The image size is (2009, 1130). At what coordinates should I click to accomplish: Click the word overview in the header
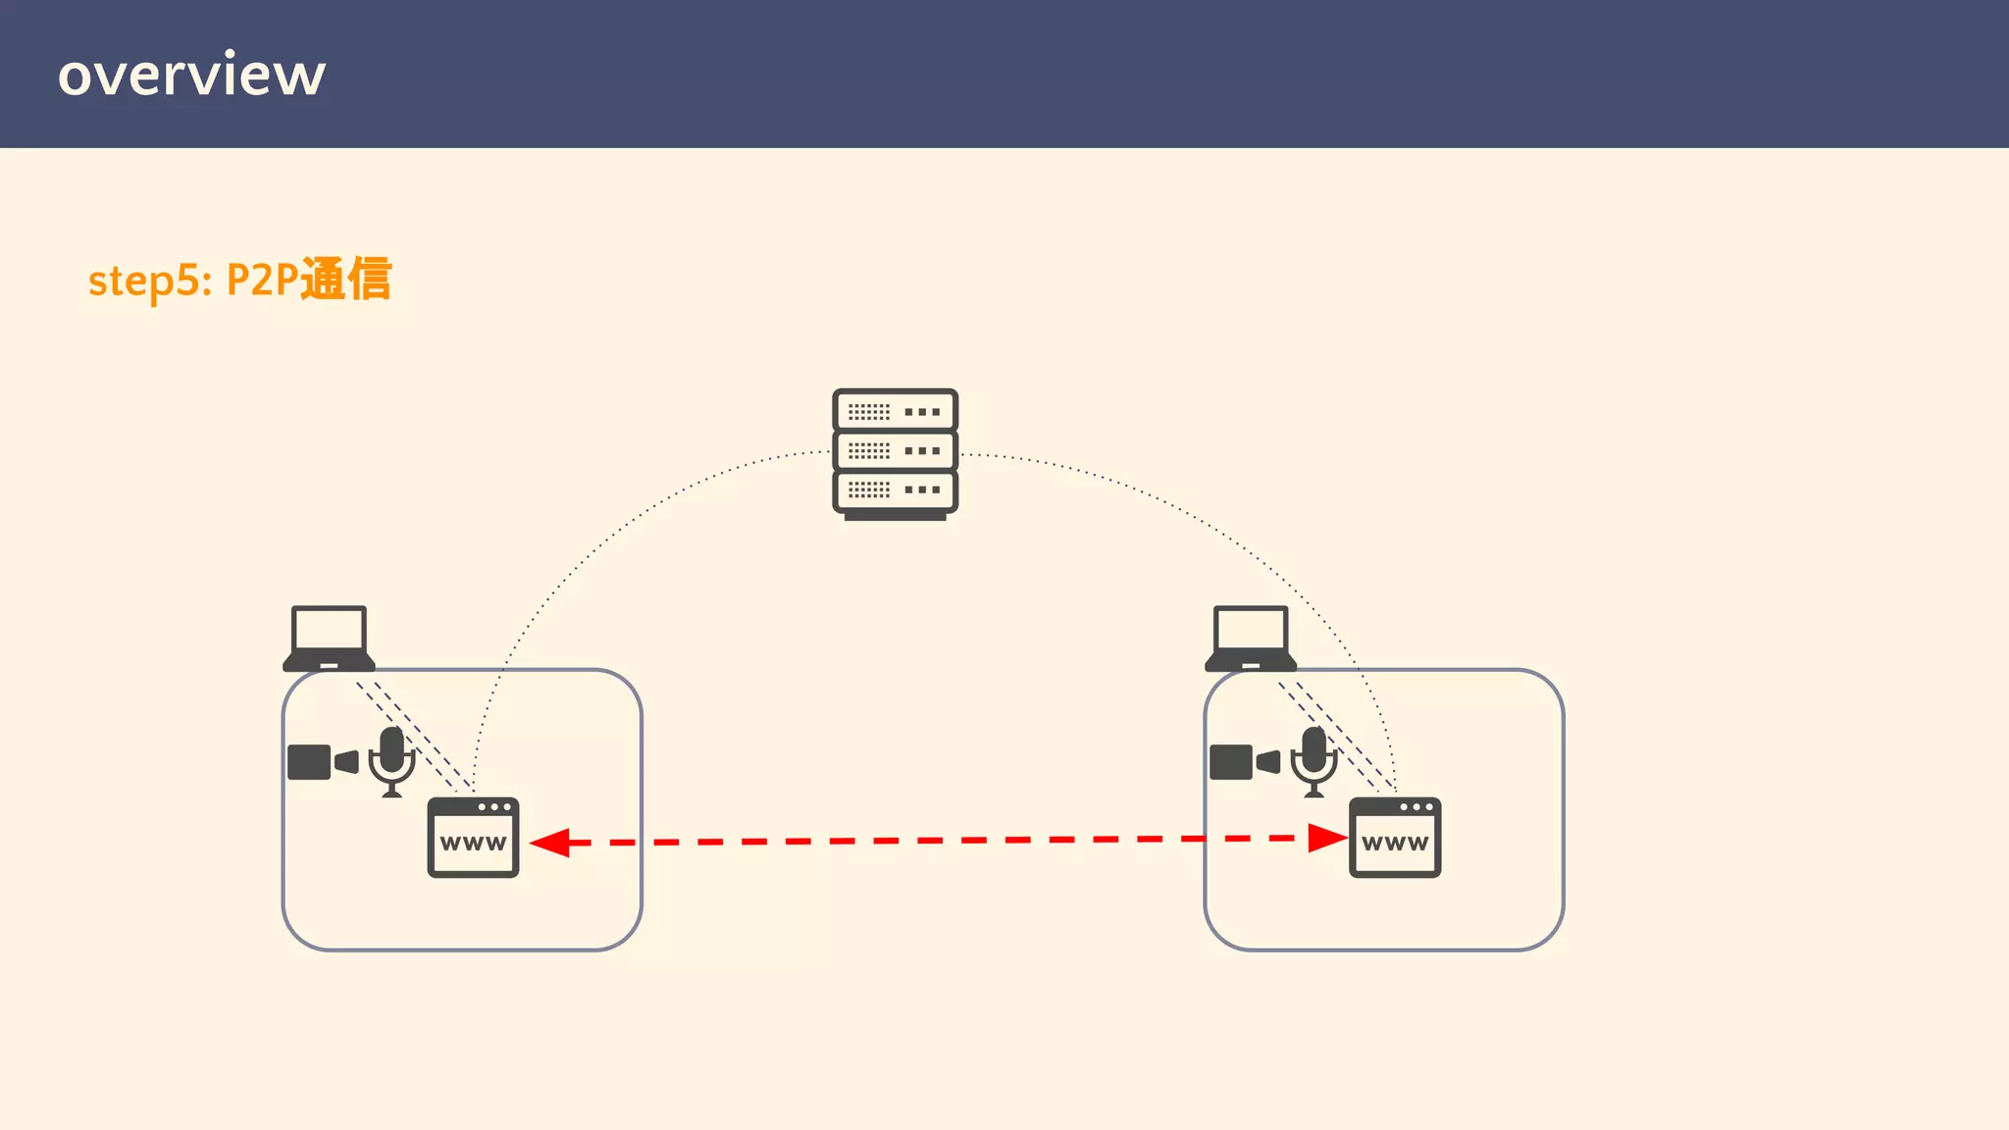191,75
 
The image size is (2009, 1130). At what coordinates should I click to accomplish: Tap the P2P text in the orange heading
262,281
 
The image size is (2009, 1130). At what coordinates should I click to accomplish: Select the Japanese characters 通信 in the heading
345,279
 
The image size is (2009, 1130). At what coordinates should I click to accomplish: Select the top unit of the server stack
895,411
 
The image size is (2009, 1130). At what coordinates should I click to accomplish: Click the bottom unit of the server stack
895,489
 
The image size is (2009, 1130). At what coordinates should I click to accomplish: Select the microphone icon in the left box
392,761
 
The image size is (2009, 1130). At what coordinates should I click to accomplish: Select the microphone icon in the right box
1314,761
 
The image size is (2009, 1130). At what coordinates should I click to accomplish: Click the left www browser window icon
473,838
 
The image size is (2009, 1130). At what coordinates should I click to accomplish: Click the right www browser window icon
1395,838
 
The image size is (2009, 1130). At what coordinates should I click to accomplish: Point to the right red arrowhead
1327,838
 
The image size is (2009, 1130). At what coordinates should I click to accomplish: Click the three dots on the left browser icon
494,807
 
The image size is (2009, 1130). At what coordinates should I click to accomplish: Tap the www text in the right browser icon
1395,844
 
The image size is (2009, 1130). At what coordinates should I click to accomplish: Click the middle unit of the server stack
895,450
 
